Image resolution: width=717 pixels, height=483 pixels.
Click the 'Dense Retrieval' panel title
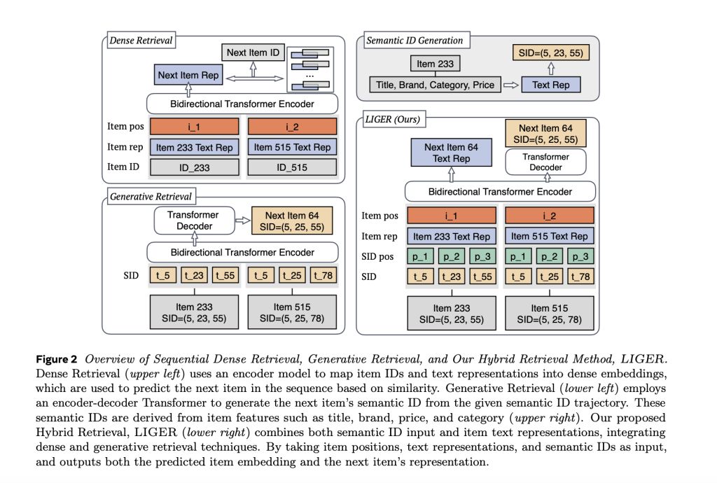click(141, 41)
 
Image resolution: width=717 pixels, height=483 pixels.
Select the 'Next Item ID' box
click(251, 52)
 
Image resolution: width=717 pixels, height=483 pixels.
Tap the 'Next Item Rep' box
click(187, 76)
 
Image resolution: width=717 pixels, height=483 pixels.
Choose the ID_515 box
click(293, 168)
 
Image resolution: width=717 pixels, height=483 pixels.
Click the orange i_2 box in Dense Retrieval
click(293, 127)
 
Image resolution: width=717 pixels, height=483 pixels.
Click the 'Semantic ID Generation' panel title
click(414, 41)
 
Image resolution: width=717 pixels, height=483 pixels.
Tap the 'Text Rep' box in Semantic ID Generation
click(551, 85)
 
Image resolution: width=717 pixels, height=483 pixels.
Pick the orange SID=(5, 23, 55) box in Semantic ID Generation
click(550, 52)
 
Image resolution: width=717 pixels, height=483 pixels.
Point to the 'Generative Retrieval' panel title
click(151, 197)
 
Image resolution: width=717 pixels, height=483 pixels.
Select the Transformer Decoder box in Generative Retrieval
click(193, 220)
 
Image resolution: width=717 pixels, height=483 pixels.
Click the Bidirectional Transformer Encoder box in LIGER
click(500, 191)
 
